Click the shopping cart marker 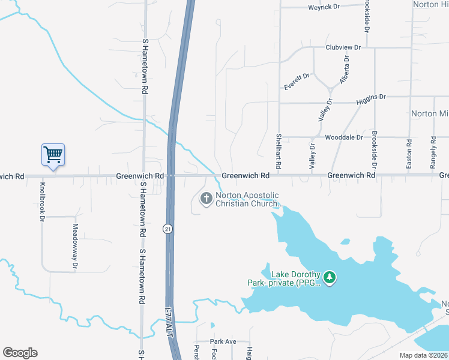[x=53, y=155]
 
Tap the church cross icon [x=206, y=198]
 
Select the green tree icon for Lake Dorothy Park [x=329, y=277]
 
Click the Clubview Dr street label [x=343, y=47]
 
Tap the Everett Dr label [x=297, y=82]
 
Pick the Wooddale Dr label [x=344, y=137]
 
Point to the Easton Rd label [x=409, y=154]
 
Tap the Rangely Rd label [x=433, y=152]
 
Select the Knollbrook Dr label [x=43, y=202]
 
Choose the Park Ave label [x=223, y=341]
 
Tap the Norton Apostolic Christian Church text [x=249, y=199]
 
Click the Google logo [x=20, y=353]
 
